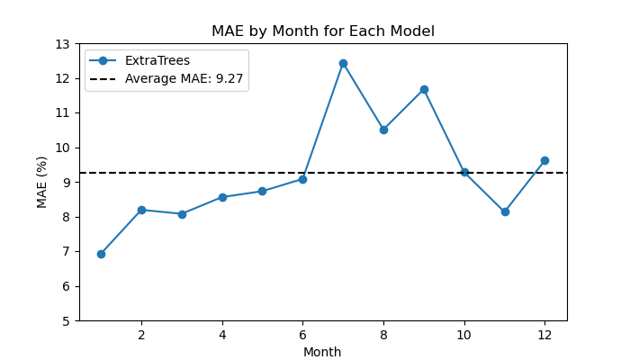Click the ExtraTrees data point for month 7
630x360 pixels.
coord(343,64)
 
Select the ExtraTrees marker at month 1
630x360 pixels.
coord(101,254)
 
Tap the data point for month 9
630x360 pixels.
coord(424,89)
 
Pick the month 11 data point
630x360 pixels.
coord(505,211)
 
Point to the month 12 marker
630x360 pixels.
coord(544,161)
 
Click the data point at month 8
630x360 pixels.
coord(383,130)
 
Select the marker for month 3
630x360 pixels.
coord(182,214)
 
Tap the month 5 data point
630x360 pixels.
coord(263,191)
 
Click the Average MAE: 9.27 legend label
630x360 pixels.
coord(184,78)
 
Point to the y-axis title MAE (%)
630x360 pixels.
coord(41,183)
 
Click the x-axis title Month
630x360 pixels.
coord(322,352)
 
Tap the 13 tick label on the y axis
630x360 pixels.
coord(62,44)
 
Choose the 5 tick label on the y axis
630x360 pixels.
coord(66,321)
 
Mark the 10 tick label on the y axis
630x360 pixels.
coord(62,148)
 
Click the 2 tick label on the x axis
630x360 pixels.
coord(141,335)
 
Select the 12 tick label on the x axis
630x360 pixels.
coord(544,335)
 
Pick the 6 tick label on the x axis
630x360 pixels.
coord(302,335)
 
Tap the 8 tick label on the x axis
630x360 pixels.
coord(383,335)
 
